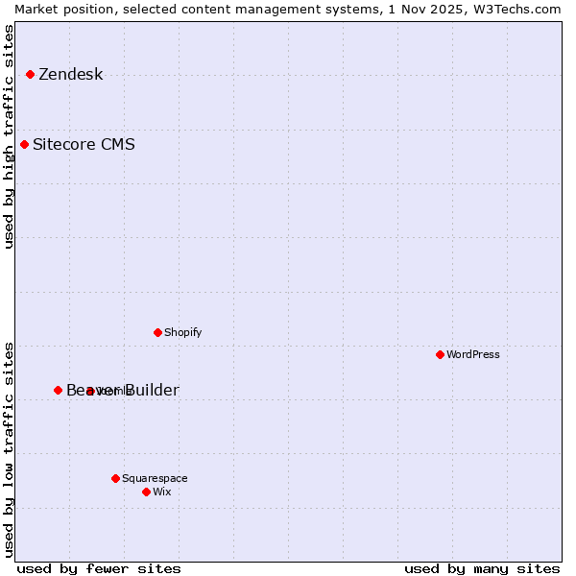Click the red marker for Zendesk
(30, 74)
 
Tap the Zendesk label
(70, 75)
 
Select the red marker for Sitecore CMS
(24, 145)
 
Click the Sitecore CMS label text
(84, 145)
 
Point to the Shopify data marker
(157, 332)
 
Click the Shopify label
(182, 333)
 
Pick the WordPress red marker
(440, 354)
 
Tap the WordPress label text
(472, 355)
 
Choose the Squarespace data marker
(115, 478)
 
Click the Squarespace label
(155, 479)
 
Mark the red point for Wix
(146, 492)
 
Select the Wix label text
(162, 492)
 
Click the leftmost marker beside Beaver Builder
(58, 390)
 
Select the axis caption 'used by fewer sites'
(99, 568)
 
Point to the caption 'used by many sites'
(482, 568)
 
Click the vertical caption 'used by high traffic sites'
(9, 136)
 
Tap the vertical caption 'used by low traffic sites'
(9, 448)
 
